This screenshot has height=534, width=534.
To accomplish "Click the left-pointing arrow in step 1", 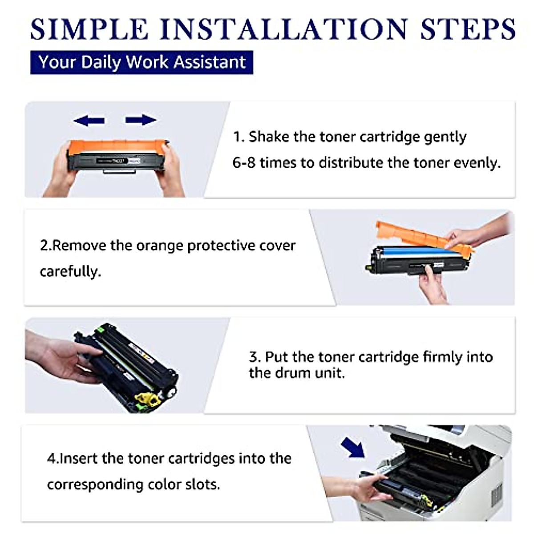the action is (89, 121).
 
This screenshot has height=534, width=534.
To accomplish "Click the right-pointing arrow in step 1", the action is (141, 120).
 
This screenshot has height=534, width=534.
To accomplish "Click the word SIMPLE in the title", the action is (89, 29).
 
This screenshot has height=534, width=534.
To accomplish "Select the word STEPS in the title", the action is (468, 29).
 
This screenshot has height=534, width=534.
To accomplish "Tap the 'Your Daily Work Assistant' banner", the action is (142, 62).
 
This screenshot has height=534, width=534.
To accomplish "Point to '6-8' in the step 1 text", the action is (243, 162).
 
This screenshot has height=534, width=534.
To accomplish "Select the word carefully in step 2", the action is (70, 271).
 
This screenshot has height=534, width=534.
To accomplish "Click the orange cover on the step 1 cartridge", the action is (117, 147).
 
